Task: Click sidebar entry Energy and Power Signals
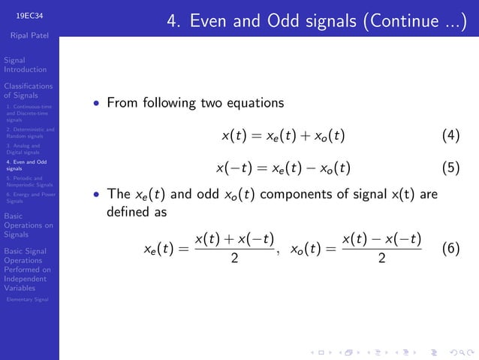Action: click(28, 198)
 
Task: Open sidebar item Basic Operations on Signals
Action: click(28, 225)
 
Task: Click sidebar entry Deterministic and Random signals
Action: click(29, 133)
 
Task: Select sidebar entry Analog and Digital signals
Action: click(23, 149)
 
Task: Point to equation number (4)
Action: click(450, 136)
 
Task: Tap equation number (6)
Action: click(450, 249)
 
